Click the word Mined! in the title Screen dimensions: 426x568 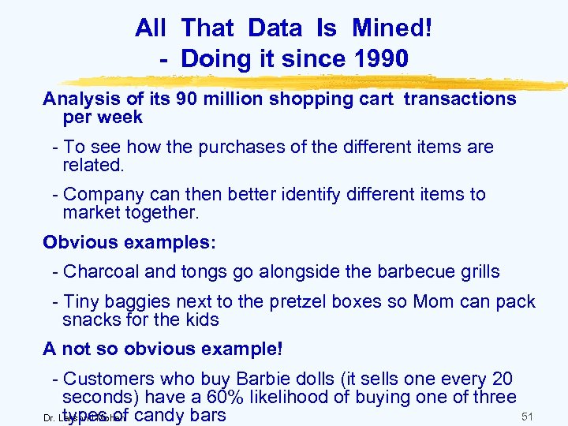(x=392, y=29)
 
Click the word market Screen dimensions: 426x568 (x=92, y=213)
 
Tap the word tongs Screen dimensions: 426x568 (x=203, y=272)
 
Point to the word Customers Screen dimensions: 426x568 (x=105, y=379)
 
